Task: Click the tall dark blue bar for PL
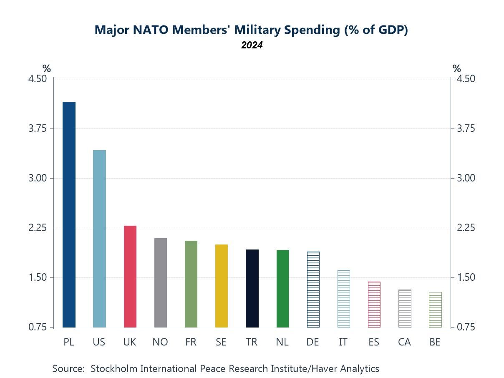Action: pyautogui.click(x=69, y=214)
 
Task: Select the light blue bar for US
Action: pyautogui.click(x=99, y=239)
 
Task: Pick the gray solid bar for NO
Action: pyautogui.click(x=161, y=282)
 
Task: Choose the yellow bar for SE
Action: pyautogui.click(x=222, y=286)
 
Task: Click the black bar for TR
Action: pyautogui.click(x=252, y=288)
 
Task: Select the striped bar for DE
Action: pyautogui.click(x=313, y=289)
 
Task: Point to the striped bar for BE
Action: pyautogui.click(x=435, y=310)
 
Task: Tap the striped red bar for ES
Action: pyautogui.click(x=374, y=305)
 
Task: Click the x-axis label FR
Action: pyautogui.click(x=191, y=342)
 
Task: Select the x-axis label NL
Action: pyautogui.click(x=282, y=342)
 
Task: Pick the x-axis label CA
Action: pyautogui.click(x=404, y=342)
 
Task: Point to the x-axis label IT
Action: pyautogui.click(x=343, y=342)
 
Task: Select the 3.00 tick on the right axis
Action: pyautogui.click(x=464, y=178)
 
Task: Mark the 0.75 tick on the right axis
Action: pyautogui.click(x=464, y=327)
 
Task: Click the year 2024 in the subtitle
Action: pyautogui.click(x=252, y=45)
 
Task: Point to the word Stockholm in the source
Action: pyautogui.click(x=113, y=369)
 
